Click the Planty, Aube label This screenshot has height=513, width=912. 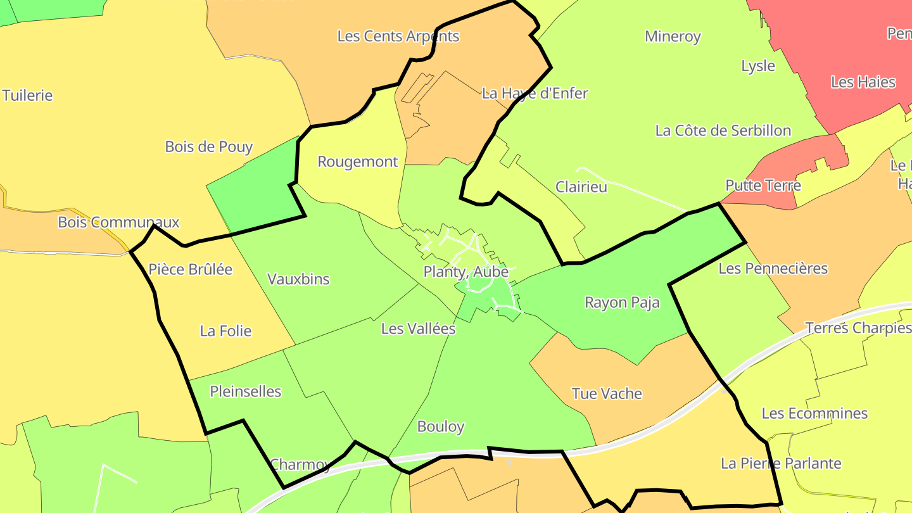pos(465,272)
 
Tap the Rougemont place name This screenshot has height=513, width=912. pos(357,161)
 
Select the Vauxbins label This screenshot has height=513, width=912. pos(298,279)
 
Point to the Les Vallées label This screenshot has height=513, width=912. pos(418,329)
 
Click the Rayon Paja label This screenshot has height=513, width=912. pos(622,302)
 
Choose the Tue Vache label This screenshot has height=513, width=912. pos(607,393)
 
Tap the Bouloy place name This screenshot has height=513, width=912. pos(441,426)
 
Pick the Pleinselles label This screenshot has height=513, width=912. pos(245,391)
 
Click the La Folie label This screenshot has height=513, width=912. pos(225,331)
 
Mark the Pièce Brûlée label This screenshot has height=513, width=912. pos(190,269)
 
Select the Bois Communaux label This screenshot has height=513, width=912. pos(118,222)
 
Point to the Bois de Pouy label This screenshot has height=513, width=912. pos(208,147)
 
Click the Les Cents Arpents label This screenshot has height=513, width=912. pos(398,36)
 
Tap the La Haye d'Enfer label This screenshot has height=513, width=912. pos(535,93)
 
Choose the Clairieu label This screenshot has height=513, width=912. pos(581,187)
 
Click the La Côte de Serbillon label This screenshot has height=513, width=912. pos(723,130)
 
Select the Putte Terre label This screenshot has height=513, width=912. pos(763,186)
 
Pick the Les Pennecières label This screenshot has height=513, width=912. pos(773,269)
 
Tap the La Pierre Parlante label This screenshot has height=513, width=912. pos(781,463)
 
